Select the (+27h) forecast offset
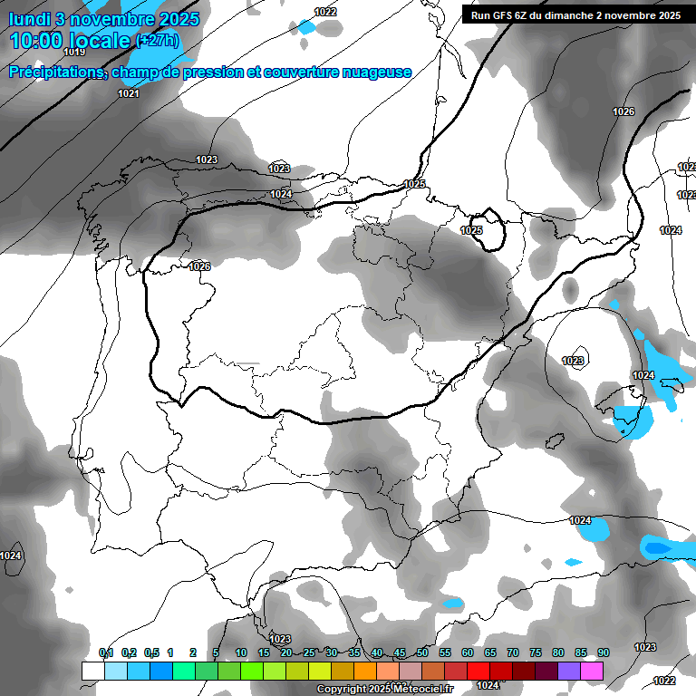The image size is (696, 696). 157,41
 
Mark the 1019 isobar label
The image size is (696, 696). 74,78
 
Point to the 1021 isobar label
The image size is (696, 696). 129,93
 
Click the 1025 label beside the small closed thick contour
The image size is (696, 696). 471,231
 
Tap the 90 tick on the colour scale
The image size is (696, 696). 603,652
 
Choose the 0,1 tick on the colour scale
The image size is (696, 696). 106,652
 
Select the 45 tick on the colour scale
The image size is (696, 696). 400,652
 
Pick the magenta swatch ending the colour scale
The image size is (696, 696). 592,671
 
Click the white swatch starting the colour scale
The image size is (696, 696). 92,671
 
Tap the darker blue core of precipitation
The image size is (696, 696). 657,547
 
